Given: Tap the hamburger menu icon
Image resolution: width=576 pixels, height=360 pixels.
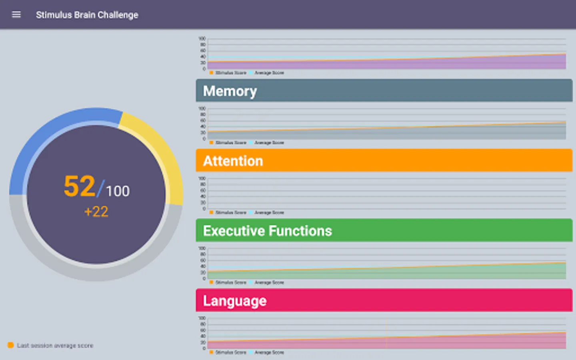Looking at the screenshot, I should pos(16,15).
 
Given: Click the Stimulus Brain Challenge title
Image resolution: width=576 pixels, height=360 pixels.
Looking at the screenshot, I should pos(87,15).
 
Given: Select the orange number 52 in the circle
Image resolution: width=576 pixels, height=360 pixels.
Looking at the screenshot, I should pos(79,186).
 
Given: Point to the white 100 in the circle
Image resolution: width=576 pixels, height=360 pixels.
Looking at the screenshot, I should pos(118,191).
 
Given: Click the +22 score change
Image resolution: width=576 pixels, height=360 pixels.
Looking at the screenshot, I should pos(96,212).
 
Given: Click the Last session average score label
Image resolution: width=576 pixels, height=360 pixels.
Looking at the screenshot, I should pos(55,346).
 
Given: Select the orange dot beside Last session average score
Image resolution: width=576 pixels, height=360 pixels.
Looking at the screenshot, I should pos(11,345).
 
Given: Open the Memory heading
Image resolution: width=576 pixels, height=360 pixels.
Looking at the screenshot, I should pos(230,91).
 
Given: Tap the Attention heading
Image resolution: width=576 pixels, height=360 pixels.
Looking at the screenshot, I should pos(233,161).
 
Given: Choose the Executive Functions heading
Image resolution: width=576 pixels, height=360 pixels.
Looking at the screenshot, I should pos(267,231).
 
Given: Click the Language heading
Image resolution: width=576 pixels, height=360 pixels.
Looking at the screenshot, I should pos(234,301).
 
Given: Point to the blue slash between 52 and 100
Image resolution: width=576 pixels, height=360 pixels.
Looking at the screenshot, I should pos(100,188).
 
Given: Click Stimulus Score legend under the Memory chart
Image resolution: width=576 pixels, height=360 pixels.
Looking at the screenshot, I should pos(231,143).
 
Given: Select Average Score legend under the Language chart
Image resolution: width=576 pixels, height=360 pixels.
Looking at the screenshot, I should pos(269,352).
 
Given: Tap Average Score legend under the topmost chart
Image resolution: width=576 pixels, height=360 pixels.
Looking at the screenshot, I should pos(269,73).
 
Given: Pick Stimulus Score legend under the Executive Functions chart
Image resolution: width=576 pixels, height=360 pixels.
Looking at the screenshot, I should pos(231,282).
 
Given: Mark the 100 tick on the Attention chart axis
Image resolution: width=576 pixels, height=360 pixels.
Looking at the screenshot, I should pos(202,178).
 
